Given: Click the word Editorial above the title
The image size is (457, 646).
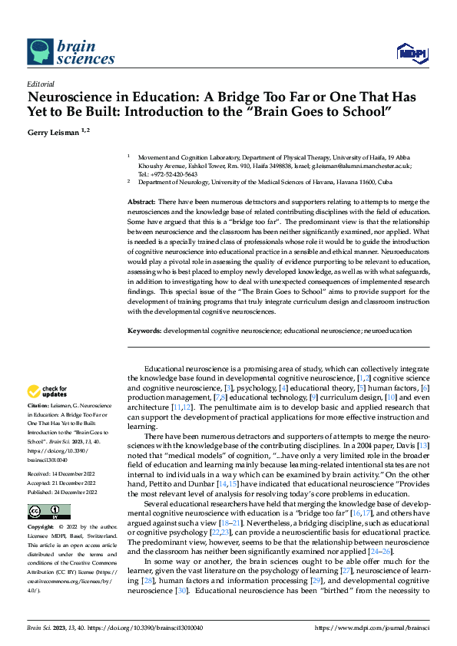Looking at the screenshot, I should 40,84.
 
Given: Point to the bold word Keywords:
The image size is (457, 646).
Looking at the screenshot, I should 144,331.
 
